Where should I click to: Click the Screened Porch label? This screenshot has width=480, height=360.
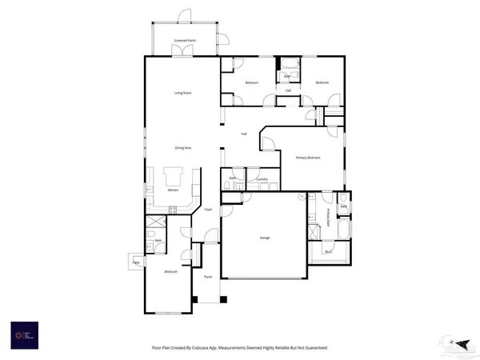pyautogui.click(x=186, y=40)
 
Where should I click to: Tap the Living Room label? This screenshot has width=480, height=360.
pyautogui.click(x=183, y=93)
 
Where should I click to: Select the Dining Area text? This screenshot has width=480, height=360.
pyautogui.click(x=183, y=147)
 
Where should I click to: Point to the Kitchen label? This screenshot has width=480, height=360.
pyautogui.click(x=172, y=190)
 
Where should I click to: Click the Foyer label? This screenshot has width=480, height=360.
pyautogui.click(x=207, y=210)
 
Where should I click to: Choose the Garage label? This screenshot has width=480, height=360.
pyautogui.click(x=264, y=238)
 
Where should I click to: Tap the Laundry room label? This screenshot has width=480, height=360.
pyautogui.click(x=262, y=179)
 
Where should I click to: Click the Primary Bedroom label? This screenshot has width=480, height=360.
pyautogui.click(x=308, y=158)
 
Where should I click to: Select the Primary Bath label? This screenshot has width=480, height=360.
pyautogui.click(x=328, y=218)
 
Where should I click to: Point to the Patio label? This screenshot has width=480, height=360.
pyautogui.click(x=135, y=262)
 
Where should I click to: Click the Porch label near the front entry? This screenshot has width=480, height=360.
pyautogui.click(x=207, y=277)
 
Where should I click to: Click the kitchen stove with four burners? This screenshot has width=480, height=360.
pyautogui.click(x=172, y=209)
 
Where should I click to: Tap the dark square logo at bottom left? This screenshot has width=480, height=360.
pyautogui.click(x=23, y=334)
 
